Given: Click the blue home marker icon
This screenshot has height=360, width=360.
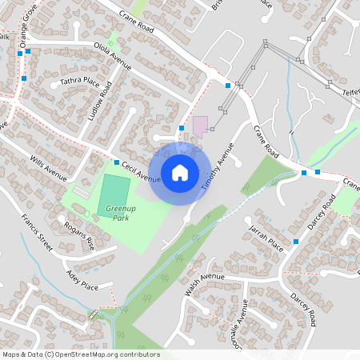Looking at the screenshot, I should pyautogui.click(x=180, y=172).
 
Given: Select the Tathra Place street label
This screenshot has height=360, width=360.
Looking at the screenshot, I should pyautogui.click(x=80, y=81).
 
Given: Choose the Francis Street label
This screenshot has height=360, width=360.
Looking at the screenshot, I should pyautogui.click(x=38, y=233).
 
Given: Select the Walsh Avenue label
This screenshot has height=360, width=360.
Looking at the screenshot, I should pyautogui.click(x=205, y=283).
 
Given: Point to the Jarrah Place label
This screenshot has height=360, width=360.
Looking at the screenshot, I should pyautogui.click(x=266, y=238).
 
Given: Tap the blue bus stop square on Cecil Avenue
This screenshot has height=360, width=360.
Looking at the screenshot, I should pyautogui.click(x=117, y=162).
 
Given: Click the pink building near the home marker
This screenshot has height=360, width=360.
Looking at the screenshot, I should pyautogui.click(x=200, y=125).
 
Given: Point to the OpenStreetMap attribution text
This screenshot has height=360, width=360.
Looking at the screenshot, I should pyautogui.click(x=81, y=354).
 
